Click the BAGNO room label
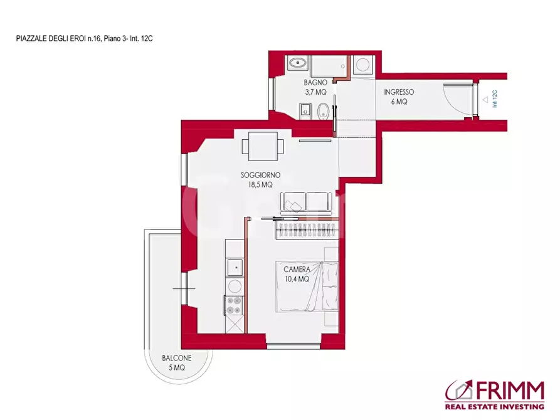(x=315, y=83)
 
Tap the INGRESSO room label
(x=399, y=92)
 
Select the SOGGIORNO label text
(x=260, y=175)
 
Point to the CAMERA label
(x=297, y=270)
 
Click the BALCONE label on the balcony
(x=177, y=358)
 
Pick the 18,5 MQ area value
(x=260, y=185)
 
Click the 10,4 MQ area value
(x=297, y=280)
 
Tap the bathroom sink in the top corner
(x=297, y=63)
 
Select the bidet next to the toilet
(x=305, y=111)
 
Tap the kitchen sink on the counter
(x=235, y=267)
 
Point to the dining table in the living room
(x=263, y=146)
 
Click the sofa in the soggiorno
(x=306, y=203)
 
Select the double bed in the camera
(x=307, y=286)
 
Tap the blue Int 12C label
(x=495, y=99)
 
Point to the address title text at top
(x=85, y=39)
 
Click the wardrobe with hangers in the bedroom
(x=307, y=230)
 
